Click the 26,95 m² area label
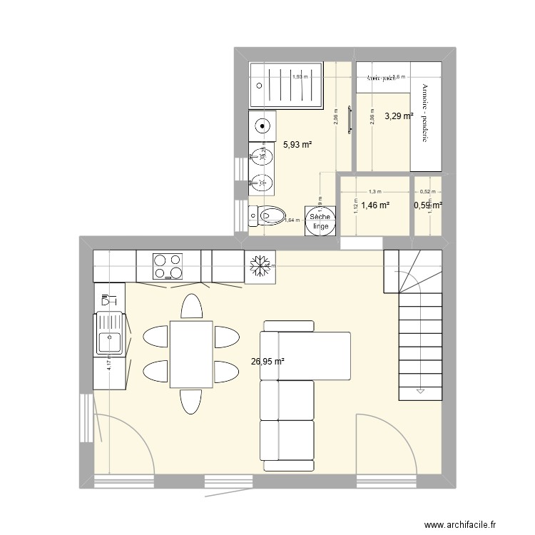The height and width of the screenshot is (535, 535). pyautogui.click(x=267, y=362)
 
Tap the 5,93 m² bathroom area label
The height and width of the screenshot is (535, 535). pyautogui.click(x=297, y=144)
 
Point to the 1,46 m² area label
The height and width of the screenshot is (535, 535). pyautogui.click(x=374, y=205)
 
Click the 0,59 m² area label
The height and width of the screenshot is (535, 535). pyautogui.click(x=427, y=205)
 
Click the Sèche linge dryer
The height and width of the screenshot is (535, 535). pyautogui.click(x=319, y=220)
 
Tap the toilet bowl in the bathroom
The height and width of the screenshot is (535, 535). pyautogui.click(x=270, y=214)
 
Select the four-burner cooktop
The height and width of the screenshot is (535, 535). pyautogui.click(x=168, y=266)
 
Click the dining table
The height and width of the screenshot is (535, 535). pyautogui.click(x=190, y=355)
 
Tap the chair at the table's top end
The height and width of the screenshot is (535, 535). pyautogui.click(x=190, y=307)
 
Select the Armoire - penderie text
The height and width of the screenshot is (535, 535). pyautogui.click(x=425, y=113)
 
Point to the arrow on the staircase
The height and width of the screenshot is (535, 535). pyautogui.click(x=419, y=390)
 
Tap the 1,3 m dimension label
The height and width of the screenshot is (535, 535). pyautogui.click(x=375, y=192)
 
